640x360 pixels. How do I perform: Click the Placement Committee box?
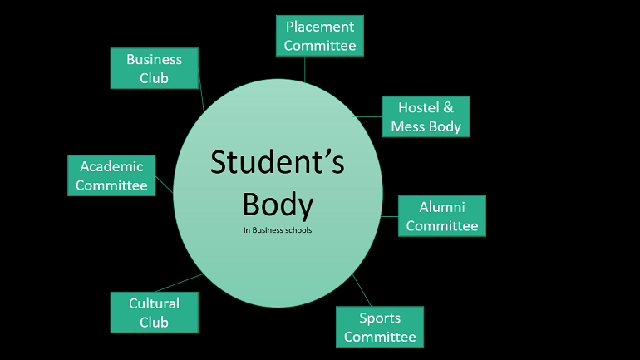pyautogui.click(x=320, y=36)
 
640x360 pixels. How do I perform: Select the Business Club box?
pyautogui.click(x=155, y=68)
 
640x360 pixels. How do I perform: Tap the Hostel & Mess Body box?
pyautogui.click(x=426, y=116)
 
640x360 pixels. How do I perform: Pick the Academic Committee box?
pyautogui.click(x=111, y=175)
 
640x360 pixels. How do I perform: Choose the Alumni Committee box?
pyautogui.click(x=441, y=216)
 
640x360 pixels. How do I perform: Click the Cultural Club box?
pyautogui.click(x=155, y=313)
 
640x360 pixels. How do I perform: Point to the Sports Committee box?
pyautogui.click(x=380, y=327)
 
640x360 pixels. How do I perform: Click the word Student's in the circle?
pyautogui.click(x=277, y=162)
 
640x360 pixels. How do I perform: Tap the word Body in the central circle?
pyautogui.click(x=277, y=204)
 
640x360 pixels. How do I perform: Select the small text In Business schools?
pyautogui.click(x=277, y=230)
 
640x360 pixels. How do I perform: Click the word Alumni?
pyautogui.click(x=441, y=207)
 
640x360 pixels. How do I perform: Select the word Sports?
pyautogui.click(x=380, y=318)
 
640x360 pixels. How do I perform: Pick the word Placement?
pyautogui.click(x=320, y=27)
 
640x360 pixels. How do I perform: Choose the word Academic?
pyautogui.click(x=111, y=166)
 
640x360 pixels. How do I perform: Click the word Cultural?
pyautogui.click(x=155, y=303)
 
